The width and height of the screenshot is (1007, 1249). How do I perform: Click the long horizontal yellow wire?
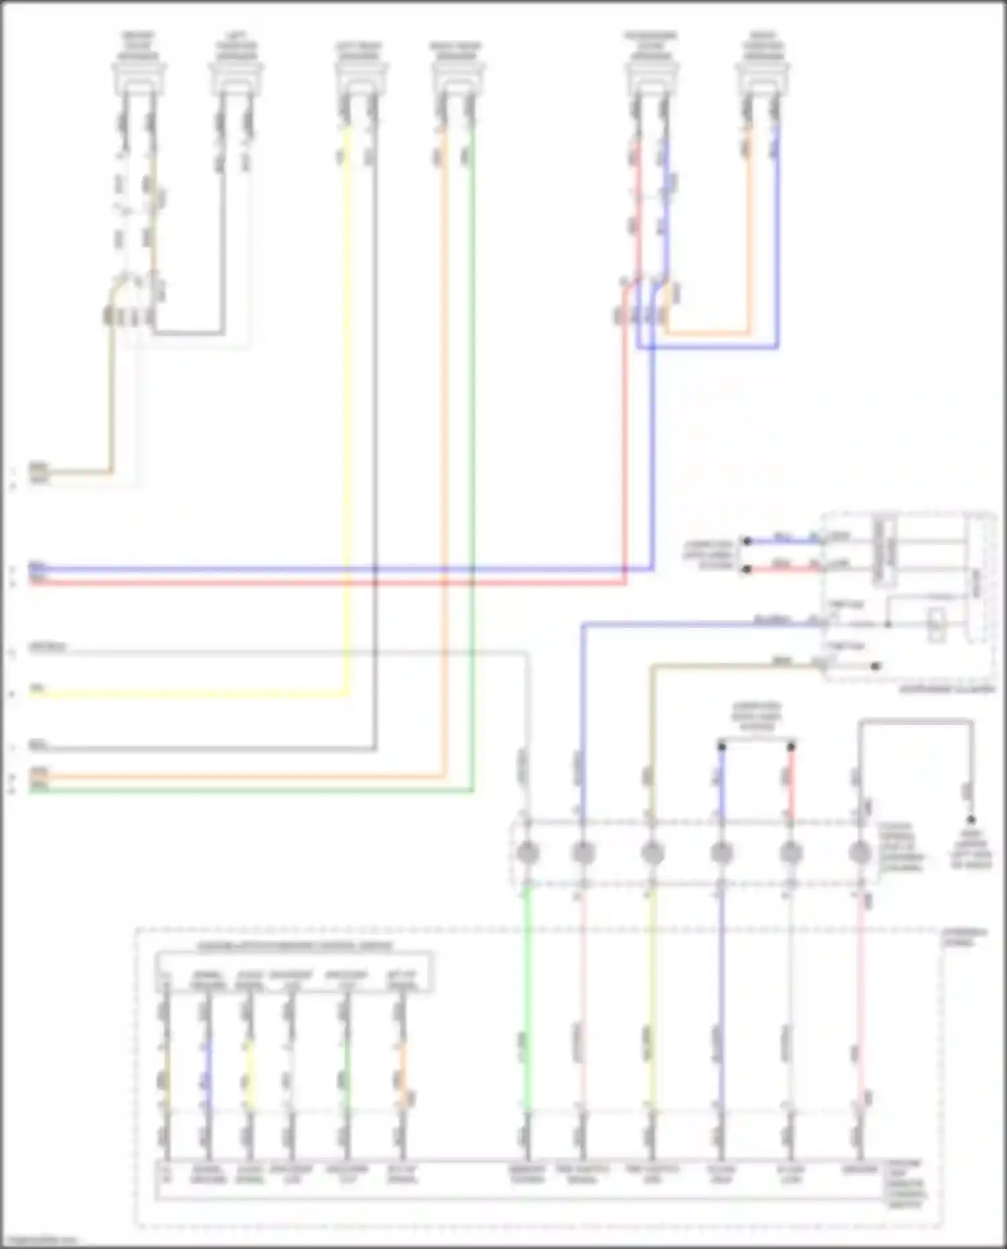188,694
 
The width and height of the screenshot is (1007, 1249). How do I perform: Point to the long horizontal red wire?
322,582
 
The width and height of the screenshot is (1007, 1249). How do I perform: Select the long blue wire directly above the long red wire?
322,569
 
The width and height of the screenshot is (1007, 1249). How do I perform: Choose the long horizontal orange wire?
235,777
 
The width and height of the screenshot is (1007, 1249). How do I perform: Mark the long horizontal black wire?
201,748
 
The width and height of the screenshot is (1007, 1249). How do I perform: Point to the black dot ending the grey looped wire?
971,819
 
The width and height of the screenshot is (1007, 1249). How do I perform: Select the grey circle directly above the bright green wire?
527,853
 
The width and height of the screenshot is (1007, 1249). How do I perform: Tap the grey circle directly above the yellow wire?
651,853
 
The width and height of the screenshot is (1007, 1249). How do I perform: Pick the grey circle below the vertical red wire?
791,853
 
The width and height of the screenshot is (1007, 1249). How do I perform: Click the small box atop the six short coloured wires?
294,971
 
